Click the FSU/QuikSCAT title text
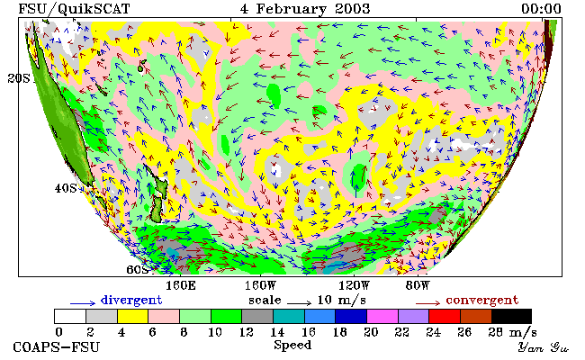tap(74, 9)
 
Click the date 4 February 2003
tap(305, 8)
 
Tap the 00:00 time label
tap(541, 9)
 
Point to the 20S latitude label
tap(19, 78)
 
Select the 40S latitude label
tap(66, 188)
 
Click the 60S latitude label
tap(138, 269)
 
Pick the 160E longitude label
tap(181, 286)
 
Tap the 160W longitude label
tap(260, 286)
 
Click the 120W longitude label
tap(354, 286)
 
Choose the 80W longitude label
tap(418, 286)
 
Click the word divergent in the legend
tap(131, 300)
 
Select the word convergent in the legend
tap(482, 300)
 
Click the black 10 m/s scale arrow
tap(299, 302)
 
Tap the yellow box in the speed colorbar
tap(133, 316)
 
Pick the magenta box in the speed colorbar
tap(382, 316)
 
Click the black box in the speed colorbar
tap(511, 316)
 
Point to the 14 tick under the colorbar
tap(276, 332)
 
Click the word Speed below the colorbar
tap(292, 345)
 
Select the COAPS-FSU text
tap(57, 347)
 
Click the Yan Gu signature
tap(544, 347)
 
